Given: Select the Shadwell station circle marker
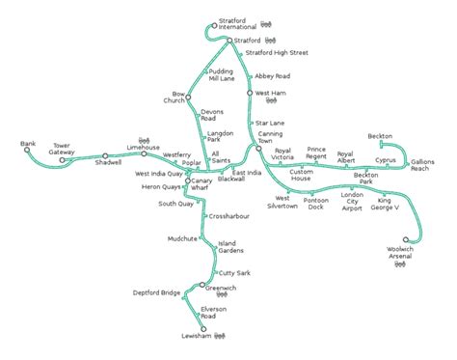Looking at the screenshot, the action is click(x=104, y=155).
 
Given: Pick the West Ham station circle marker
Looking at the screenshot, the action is click(x=250, y=93).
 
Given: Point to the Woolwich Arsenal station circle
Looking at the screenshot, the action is click(x=407, y=239).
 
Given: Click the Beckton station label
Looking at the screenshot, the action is click(x=380, y=137).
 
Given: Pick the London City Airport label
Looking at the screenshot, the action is click(x=352, y=200).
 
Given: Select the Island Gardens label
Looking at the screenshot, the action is click(x=231, y=246).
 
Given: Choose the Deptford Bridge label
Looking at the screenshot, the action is click(x=157, y=291).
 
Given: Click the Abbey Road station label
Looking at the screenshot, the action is click(x=272, y=75).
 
